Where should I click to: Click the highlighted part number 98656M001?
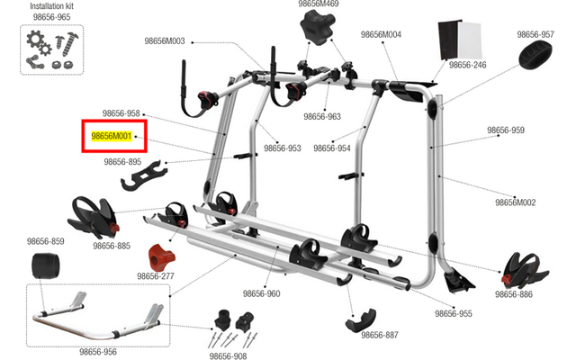[x=112, y=136]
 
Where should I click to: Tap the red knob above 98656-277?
[x=161, y=256]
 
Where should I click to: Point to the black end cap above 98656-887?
[x=360, y=320]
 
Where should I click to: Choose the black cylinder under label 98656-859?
[x=45, y=265]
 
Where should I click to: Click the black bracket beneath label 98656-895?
[x=143, y=175]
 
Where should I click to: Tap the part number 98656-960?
[x=261, y=294]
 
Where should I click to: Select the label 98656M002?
[x=515, y=202]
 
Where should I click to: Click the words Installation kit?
[x=51, y=6]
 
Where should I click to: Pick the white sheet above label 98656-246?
[x=469, y=40]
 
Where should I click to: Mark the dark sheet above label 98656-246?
[x=448, y=40]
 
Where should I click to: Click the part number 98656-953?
[x=282, y=148]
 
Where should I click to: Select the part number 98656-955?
[x=454, y=314]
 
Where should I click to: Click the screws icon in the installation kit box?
[x=67, y=44]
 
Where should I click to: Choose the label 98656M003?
[x=165, y=41]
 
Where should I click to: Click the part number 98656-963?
[x=322, y=116]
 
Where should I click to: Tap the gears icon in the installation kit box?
[x=39, y=43]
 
